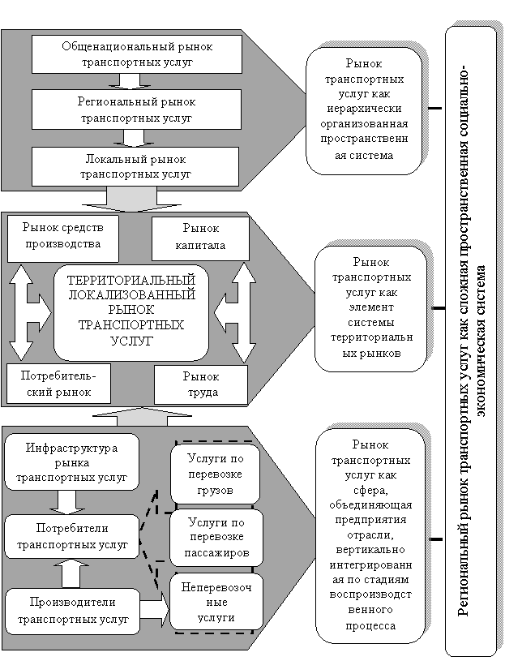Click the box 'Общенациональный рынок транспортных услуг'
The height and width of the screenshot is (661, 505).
tap(137, 54)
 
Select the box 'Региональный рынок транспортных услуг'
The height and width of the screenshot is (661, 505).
tap(136, 109)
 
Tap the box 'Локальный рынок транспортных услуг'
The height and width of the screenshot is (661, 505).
tap(135, 166)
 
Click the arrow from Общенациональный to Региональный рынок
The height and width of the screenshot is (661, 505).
tap(130, 81)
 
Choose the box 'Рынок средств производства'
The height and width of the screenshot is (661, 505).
tap(62, 238)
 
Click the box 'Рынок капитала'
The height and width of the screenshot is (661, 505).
tap(200, 238)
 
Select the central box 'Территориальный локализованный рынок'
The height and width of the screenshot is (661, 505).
tap(131, 312)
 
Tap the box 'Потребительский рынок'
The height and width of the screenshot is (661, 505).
tap(58, 384)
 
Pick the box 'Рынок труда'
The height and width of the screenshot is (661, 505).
tap(201, 384)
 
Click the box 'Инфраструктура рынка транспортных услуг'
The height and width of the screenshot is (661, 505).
tap(71, 462)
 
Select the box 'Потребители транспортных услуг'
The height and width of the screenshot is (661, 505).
tap(71, 536)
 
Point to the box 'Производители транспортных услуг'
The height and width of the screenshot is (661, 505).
tap(72, 612)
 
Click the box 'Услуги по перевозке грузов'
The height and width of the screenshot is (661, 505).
tap(215, 474)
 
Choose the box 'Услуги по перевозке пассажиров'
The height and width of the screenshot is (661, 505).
tap(216, 538)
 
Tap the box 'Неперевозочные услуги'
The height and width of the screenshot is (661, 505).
tap(216, 602)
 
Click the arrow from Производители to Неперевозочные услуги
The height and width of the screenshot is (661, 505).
tap(154, 610)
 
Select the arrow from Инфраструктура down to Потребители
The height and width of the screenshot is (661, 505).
tap(66, 502)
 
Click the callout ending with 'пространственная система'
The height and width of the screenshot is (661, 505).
tap(364, 110)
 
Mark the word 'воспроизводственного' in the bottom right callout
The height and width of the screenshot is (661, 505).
tap(370, 602)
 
